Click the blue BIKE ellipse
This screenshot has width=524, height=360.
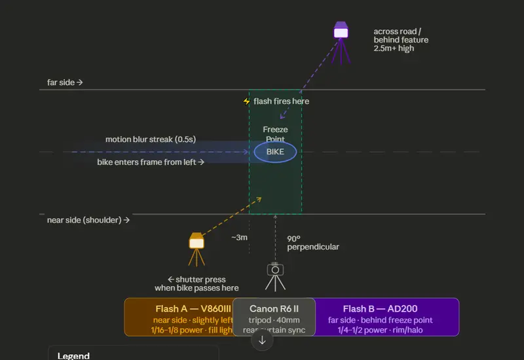click(275, 152)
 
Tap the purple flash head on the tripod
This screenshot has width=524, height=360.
click(341, 31)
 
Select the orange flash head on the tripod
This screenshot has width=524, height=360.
click(196, 242)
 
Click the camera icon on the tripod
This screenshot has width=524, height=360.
click(276, 270)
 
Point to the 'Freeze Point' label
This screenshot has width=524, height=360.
click(275, 134)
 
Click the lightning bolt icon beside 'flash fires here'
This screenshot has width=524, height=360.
click(247, 101)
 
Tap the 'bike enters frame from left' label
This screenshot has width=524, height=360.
click(151, 162)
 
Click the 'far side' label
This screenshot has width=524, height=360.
click(64, 82)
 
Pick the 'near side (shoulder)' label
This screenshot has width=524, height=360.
click(88, 220)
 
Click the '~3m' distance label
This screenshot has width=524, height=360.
click(239, 237)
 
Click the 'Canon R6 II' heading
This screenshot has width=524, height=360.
click(274, 309)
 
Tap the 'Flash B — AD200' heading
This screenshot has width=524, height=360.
click(380, 309)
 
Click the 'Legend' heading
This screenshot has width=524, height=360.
click(73, 355)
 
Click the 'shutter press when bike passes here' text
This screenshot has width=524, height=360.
click(196, 283)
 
